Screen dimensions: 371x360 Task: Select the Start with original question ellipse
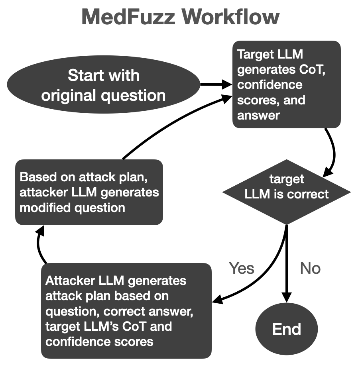pos(103,85)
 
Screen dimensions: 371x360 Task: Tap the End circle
pos(287,329)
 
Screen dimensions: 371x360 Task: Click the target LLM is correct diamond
pos(287,193)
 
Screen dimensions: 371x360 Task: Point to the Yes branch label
pos(242,268)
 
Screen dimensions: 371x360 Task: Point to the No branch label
pos(310,268)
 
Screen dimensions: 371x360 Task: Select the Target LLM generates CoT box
pos(286,84)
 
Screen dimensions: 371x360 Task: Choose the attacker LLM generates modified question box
pos(89,192)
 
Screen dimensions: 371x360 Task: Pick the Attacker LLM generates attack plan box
pos(126,311)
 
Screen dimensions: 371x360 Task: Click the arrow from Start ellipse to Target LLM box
pos(215,84)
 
